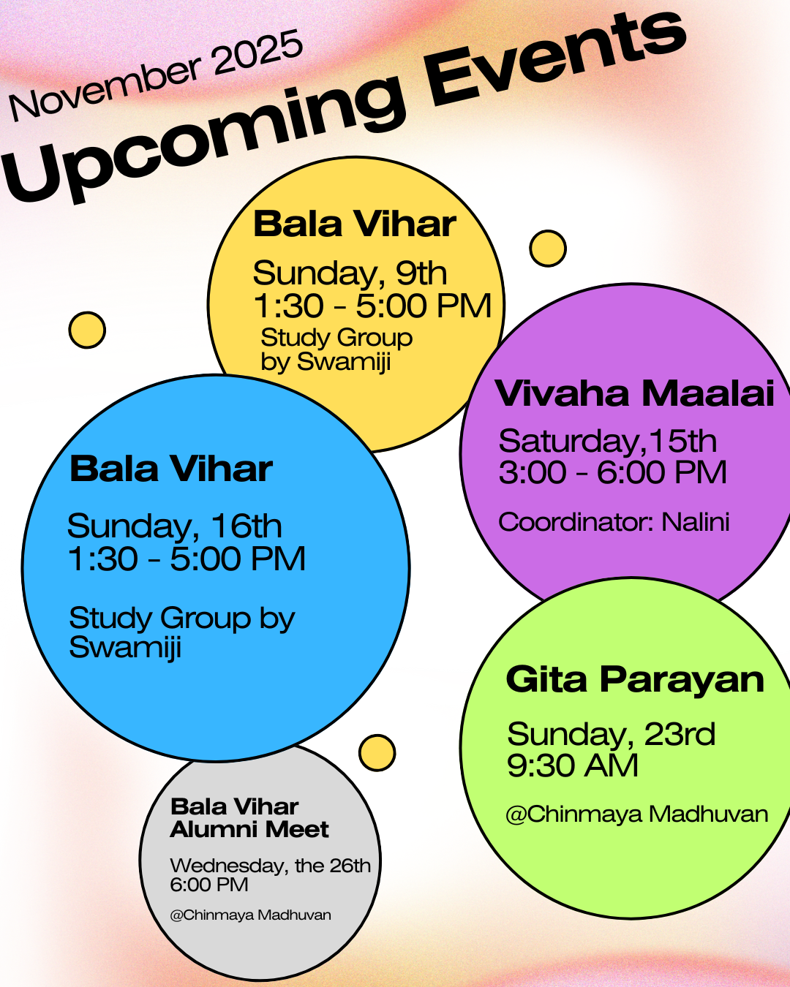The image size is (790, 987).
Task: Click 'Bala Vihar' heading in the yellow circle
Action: click(354, 224)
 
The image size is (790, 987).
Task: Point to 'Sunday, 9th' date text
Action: click(350, 274)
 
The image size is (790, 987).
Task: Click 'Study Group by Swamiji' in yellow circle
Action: click(336, 349)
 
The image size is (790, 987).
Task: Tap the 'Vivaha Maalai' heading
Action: click(634, 393)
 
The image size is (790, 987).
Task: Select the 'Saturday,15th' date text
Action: click(608, 441)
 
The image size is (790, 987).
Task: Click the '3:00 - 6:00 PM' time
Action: click(613, 472)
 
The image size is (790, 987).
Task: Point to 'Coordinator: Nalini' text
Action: click(614, 522)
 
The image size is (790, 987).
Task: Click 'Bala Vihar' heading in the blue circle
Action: click(171, 469)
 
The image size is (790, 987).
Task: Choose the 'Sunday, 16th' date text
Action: click(174, 526)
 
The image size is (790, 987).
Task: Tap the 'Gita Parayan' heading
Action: click(635, 679)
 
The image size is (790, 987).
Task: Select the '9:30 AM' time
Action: click(573, 765)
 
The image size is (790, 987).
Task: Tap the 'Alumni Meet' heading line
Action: click(249, 829)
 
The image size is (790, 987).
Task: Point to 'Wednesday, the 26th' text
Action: click(270, 866)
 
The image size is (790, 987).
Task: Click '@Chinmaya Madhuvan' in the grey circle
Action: click(250, 915)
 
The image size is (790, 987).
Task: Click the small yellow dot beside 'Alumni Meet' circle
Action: click(377, 752)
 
